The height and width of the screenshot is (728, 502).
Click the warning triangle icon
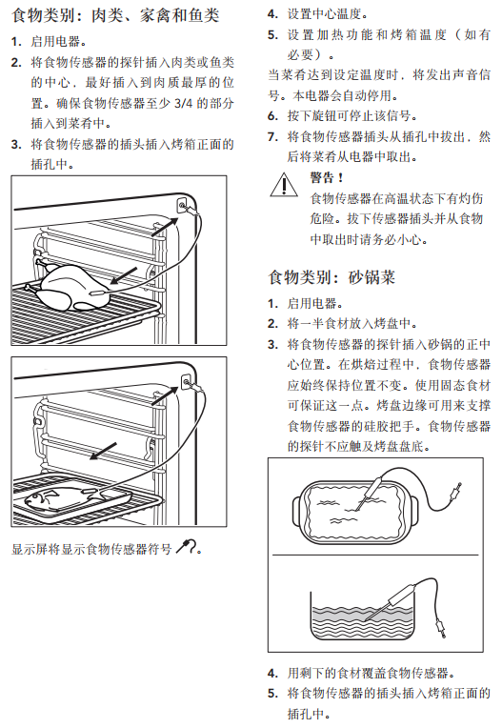[284, 186]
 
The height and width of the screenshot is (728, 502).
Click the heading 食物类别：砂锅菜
[331, 277]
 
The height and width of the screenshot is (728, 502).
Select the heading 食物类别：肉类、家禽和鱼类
[115, 15]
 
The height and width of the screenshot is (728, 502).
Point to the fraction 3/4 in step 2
[183, 103]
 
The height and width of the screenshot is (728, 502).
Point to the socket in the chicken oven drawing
[182, 205]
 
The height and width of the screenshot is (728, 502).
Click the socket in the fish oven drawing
[186, 383]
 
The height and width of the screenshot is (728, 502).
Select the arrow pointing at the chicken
[124, 275]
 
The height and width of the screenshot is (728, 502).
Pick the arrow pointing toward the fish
[103, 451]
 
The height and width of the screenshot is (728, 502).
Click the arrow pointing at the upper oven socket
[165, 227]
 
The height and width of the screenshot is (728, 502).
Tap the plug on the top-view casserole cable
[455, 492]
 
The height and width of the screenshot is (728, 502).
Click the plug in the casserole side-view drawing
[441, 629]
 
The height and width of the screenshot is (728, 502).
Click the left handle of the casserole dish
[297, 510]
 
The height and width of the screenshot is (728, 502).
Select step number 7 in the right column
[272, 137]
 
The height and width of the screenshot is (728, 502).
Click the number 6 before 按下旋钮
[272, 116]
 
